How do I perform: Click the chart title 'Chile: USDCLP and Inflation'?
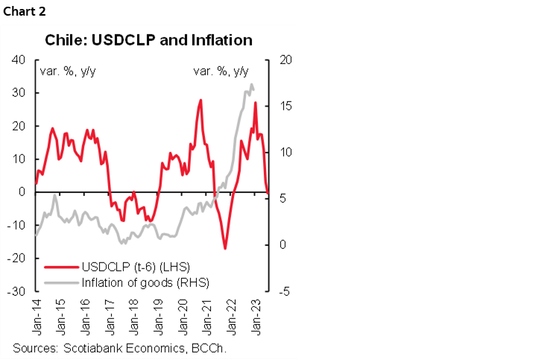[149, 39]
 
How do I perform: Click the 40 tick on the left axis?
[18, 60]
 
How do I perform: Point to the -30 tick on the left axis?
[16, 291]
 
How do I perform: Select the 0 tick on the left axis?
[22, 192]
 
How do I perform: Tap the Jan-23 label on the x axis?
[257, 315]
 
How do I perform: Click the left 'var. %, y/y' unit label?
[67, 72]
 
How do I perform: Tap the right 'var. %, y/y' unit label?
[221, 72]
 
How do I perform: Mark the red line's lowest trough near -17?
[224, 248]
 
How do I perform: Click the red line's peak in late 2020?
[200, 100]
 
